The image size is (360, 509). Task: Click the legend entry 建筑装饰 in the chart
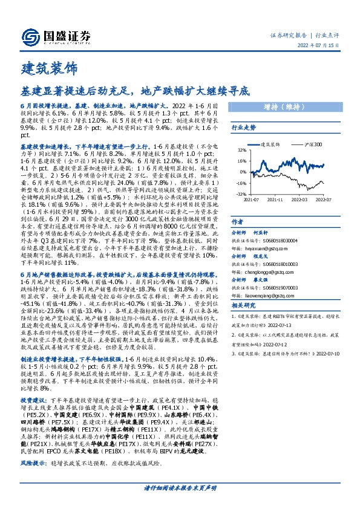click(269, 145)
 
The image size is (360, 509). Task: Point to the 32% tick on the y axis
click(241, 150)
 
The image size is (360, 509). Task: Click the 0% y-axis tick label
click(242, 172)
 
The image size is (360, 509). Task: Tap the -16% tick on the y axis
click(240, 183)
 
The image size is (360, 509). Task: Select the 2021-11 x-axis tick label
click(275, 198)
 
